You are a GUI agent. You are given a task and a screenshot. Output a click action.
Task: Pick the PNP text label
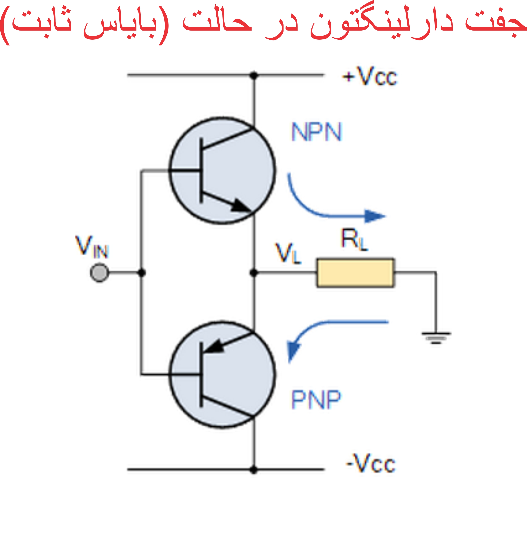pos(316,400)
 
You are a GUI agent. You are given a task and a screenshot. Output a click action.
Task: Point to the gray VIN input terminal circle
pos(99,272)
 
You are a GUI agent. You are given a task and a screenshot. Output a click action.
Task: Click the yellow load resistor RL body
pos(355,273)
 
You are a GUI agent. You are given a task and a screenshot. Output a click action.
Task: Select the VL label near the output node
pos(288,253)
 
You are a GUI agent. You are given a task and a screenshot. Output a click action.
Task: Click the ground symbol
pos(436,337)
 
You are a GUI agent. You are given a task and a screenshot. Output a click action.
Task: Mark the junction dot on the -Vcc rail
pos(254,469)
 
